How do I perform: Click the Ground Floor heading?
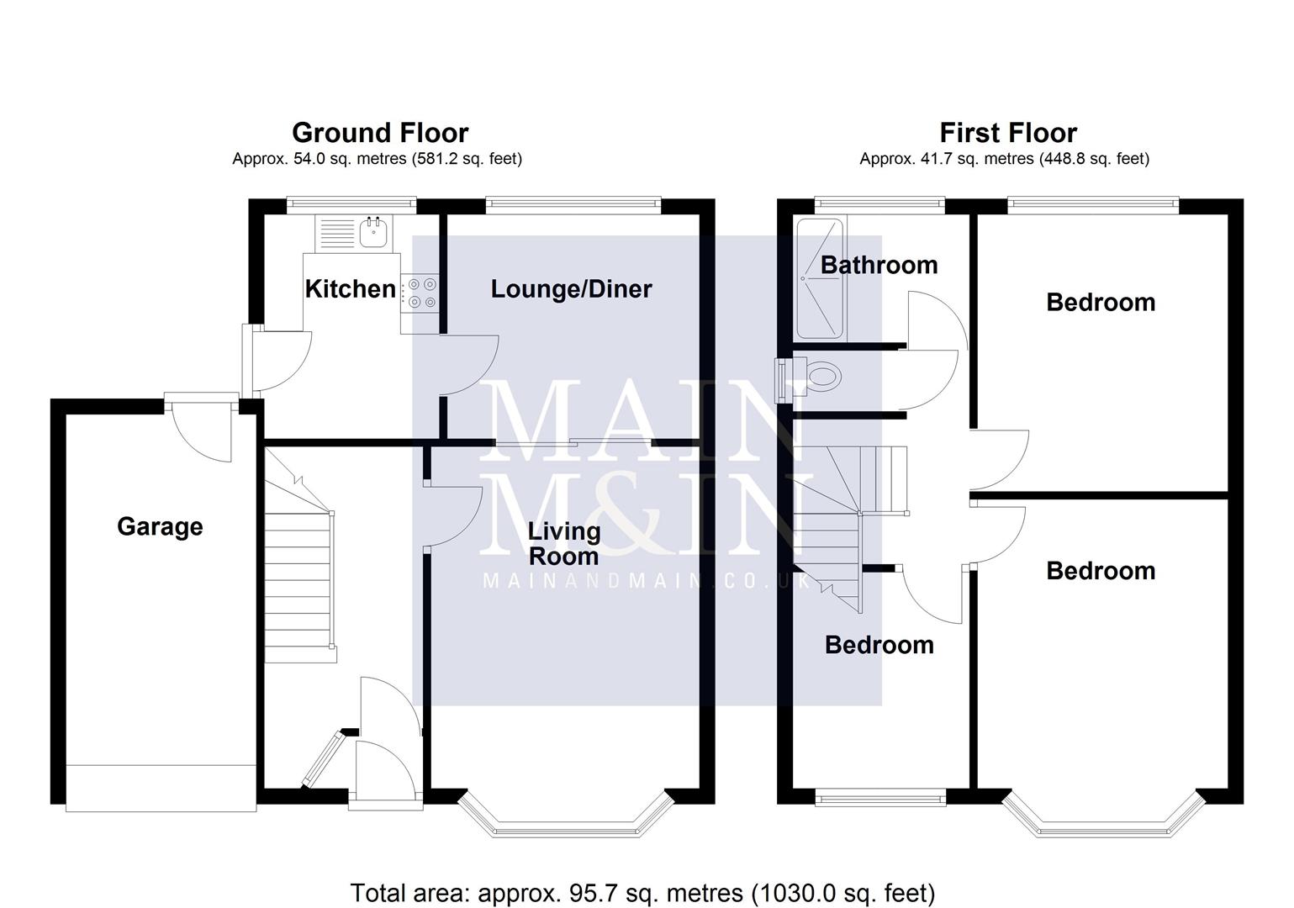[x=379, y=133]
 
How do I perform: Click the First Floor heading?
[x=1007, y=133]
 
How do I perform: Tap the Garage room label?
[x=160, y=526]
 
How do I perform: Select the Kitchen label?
[x=350, y=289]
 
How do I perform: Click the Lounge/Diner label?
[x=571, y=289]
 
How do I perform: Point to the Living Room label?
[x=563, y=543]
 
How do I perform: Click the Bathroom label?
[x=879, y=265]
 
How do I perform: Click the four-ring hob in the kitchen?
[x=421, y=293]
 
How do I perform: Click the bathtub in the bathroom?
[x=819, y=277]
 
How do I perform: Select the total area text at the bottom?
[x=642, y=892]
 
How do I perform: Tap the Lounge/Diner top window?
[x=572, y=202]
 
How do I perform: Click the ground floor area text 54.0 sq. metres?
[x=377, y=159]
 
